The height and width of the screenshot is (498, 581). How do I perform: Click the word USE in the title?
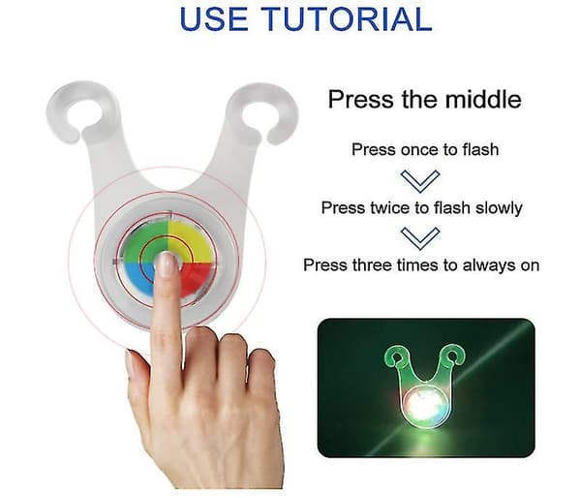213,18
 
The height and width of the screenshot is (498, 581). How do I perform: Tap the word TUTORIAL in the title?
347,18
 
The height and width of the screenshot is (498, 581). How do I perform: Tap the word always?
488,265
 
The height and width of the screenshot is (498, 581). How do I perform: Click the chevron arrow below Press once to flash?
420,181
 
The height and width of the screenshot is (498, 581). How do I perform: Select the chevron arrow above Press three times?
420,238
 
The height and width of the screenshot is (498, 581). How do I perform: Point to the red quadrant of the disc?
197,280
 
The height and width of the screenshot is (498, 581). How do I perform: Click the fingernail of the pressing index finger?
166,265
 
